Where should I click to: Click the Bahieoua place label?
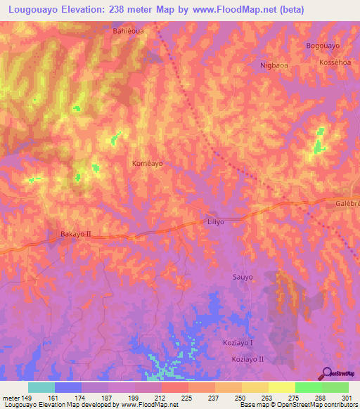pyautogui.click(x=129, y=32)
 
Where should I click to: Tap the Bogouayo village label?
pyautogui.click(x=323, y=46)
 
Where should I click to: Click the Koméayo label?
pyautogui.click(x=148, y=163)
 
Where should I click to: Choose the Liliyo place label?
pyautogui.click(x=216, y=221)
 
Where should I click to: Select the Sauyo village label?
pyautogui.click(x=242, y=278)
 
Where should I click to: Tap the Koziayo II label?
pyautogui.click(x=247, y=359)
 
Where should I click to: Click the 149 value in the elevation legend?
pyautogui.click(x=27, y=398)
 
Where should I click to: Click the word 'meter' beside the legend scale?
pyautogui.click(x=11, y=398)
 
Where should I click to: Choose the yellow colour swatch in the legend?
pyautogui.click(x=281, y=387)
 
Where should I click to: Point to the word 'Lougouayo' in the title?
pyautogui.click(x=37, y=10)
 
